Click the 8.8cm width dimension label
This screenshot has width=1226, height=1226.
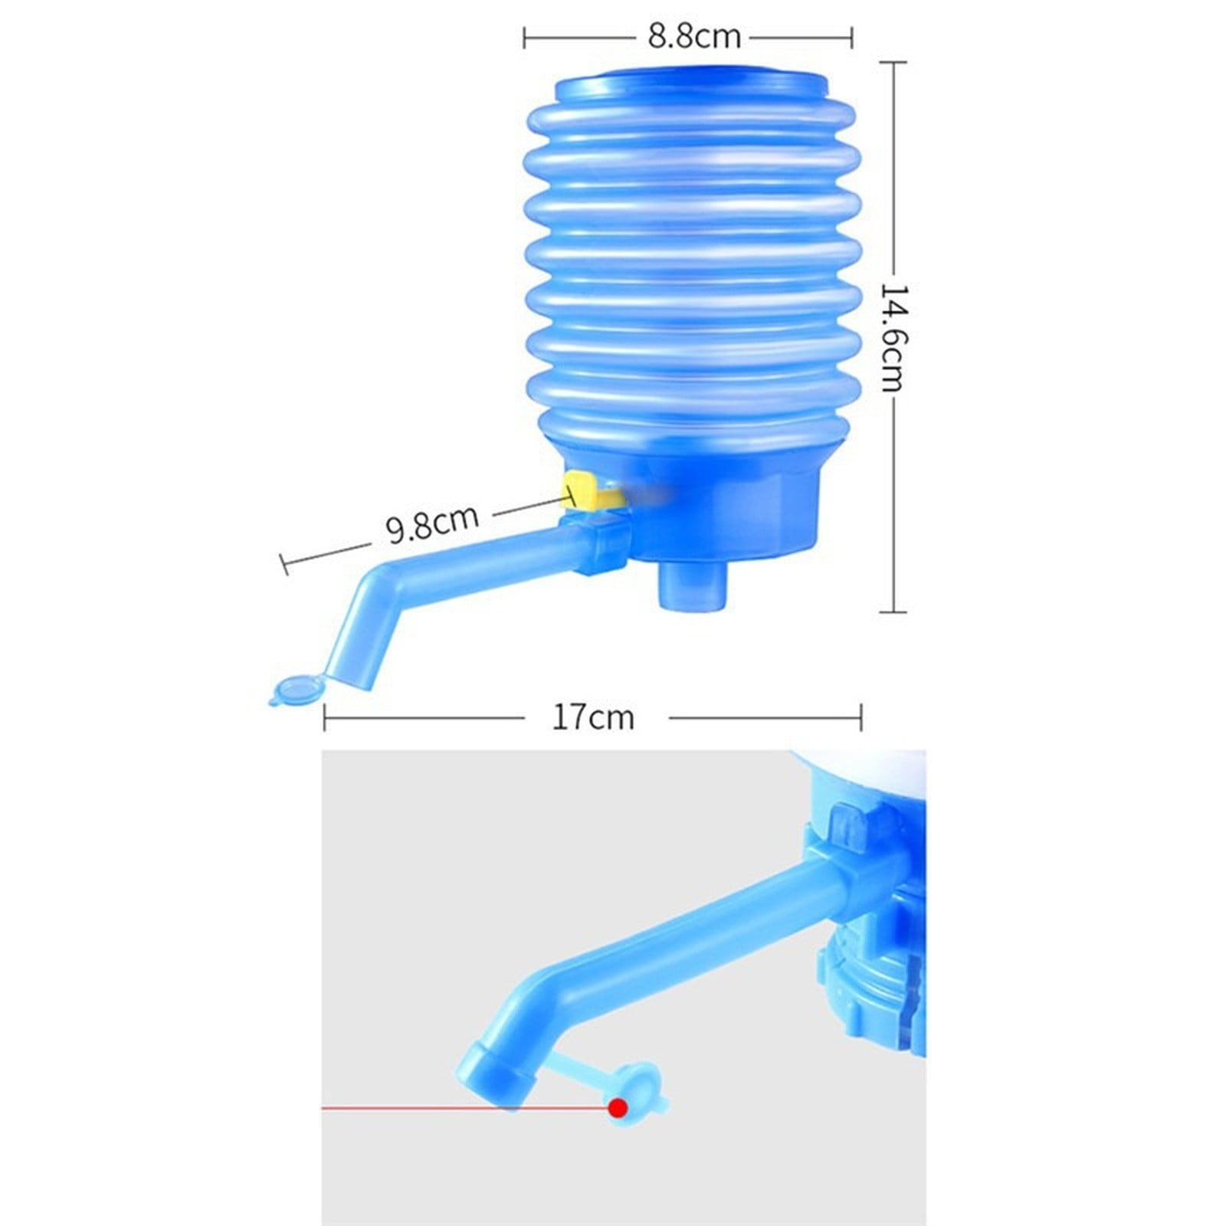point(694,37)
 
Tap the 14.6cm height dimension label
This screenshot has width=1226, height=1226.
point(893,337)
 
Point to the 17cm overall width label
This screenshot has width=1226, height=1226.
point(593,718)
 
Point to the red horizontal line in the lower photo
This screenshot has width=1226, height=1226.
point(460,1107)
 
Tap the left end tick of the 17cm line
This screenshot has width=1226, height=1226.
point(325,718)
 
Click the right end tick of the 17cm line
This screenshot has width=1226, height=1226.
point(862,718)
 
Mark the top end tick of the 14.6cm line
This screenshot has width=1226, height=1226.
point(893,62)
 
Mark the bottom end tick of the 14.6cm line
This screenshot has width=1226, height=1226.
point(893,611)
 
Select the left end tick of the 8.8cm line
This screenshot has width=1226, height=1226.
point(524,37)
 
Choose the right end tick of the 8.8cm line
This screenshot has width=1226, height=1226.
point(852,37)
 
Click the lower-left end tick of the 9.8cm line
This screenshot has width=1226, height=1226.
point(285,565)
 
